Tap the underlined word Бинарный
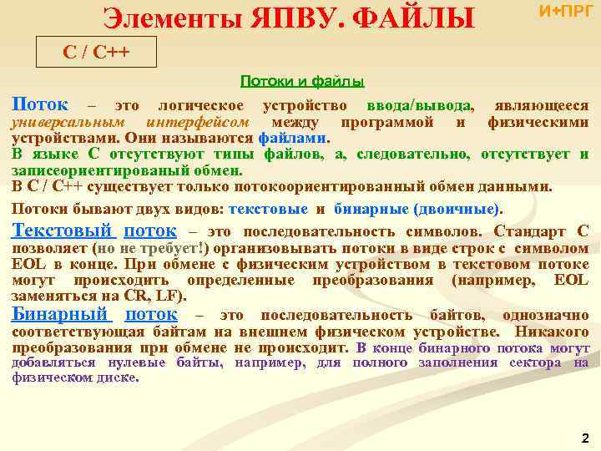pyautogui.click(x=60, y=314)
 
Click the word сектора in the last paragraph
pyautogui.click(x=533, y=362)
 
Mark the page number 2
pyautogui.click(x=584, y=438)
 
